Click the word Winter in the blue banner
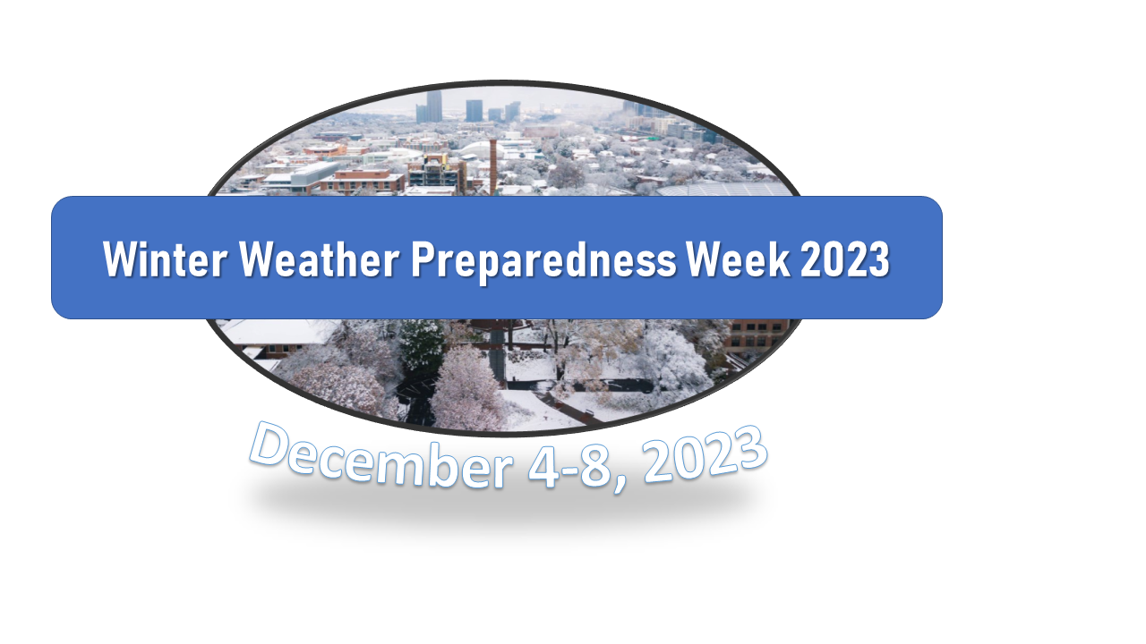pyautogui.click(x=165, y=259)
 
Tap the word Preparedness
pyautogui.click(x=543, y=261)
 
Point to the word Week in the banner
pyautogui.click(x=738, y=259)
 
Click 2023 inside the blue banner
pyautogui.click(x=844, y=259)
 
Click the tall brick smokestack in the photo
pyautogui.click(x=493, y=167)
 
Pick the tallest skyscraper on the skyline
pyautogui.click(x=434, y=106)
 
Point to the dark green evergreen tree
pyautogui.click(x=422, y=343)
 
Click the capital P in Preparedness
pyautogui.click(x=423, y=258)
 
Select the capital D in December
pyautogui.click(x=269, y=443)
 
